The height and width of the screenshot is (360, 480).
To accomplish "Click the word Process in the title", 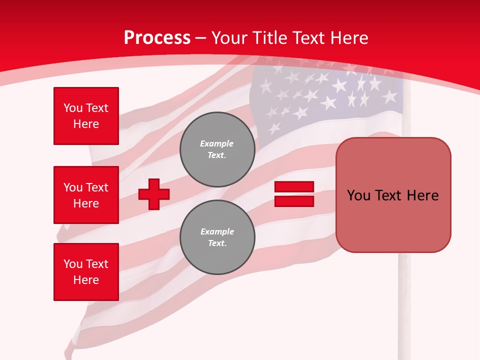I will click(x=157, y=38).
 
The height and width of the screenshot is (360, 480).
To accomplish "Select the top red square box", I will click(x=86, y=116).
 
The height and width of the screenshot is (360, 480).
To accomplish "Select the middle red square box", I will click(x=86, y=195).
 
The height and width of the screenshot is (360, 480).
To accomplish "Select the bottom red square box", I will click(x=86, y=272).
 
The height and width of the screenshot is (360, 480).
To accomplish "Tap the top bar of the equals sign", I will click(x=294, y=187).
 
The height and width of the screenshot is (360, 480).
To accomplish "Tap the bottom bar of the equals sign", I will click(x=294, y=201).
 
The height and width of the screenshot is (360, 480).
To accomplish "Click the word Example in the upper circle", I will click(x=217, y=143).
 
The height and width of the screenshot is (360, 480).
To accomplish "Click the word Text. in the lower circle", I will click(x=217, y=243).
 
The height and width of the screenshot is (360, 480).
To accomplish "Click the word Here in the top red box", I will click(x=86, y=124).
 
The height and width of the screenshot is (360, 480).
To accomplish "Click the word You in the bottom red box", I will click(x=73, y=264).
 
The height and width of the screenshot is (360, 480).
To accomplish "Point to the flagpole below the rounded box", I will click(x=404, y=300).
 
